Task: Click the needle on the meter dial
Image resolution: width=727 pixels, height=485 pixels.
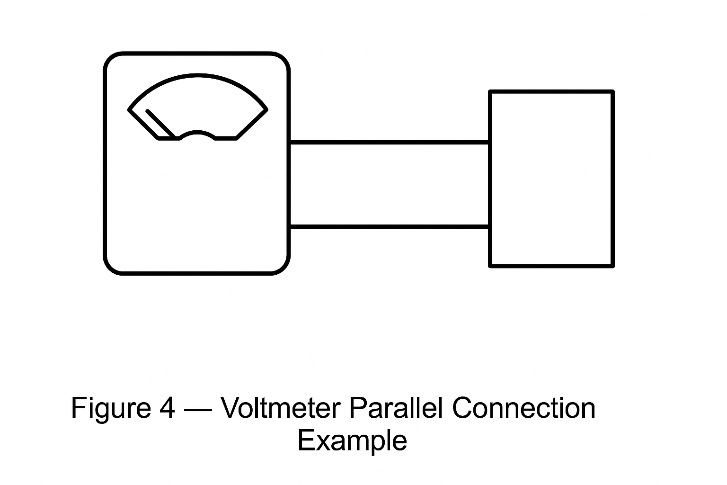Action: [161, 124]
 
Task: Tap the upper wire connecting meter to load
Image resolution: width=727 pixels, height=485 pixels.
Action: [389, 142]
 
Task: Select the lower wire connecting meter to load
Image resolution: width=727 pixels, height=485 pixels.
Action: [389, 226]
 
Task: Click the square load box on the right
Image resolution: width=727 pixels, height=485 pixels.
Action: [551, 179]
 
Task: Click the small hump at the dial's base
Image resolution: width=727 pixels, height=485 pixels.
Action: [197, 133]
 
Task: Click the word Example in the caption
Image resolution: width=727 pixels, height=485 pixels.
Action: [352, 441]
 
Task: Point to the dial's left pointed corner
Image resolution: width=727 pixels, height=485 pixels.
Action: [130, 110]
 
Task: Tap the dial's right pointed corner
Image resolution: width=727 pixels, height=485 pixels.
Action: [266, 109]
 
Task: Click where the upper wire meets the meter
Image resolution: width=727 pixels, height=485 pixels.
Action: [289, 142]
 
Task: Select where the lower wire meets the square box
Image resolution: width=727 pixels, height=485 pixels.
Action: [490, 226]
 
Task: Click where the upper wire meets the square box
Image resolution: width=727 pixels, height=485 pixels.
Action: [490, 142]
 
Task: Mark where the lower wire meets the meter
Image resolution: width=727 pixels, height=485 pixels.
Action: [289, 226]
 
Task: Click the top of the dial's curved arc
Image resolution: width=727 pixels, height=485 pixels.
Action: [198, 75]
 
